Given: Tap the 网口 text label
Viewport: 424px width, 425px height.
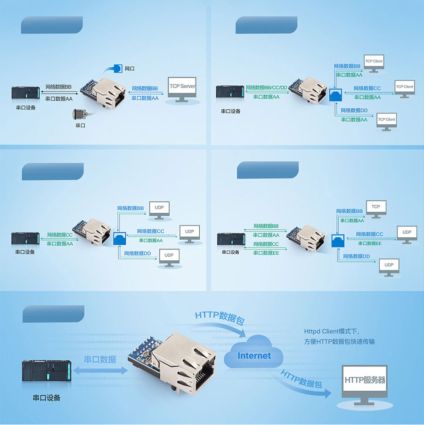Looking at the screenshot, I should (x=130, y=69).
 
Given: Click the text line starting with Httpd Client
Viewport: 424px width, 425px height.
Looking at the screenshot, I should (x=332, y=331).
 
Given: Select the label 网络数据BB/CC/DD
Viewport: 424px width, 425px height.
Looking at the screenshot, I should (x=266, y=88).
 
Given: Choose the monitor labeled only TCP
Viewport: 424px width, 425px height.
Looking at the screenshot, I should (x=375, y=208).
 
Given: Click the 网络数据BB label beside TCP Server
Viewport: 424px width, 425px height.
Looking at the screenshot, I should (x=145, y=88).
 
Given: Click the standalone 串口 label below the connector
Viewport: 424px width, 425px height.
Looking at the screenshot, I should (x=81, y=126).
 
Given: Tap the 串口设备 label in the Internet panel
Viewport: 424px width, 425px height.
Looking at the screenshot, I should (x=46, y=398).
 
